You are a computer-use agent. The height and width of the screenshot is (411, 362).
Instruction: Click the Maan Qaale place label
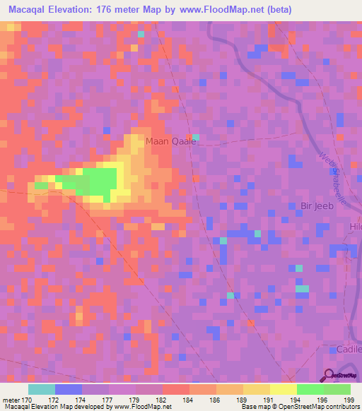point(170,141)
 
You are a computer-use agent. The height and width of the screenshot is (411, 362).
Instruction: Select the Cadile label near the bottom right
point(346,350)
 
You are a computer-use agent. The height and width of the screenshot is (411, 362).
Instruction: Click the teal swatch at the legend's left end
point(42,389)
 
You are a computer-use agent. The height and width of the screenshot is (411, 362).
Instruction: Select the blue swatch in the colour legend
point(69,389)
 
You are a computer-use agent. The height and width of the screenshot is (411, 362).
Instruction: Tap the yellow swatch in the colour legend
point(284,389)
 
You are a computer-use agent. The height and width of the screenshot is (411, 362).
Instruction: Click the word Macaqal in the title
point(30,10)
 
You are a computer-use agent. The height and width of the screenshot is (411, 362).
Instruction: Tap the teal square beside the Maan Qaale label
point(196,137)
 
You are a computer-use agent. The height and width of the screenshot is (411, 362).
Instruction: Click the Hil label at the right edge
point(355,227)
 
